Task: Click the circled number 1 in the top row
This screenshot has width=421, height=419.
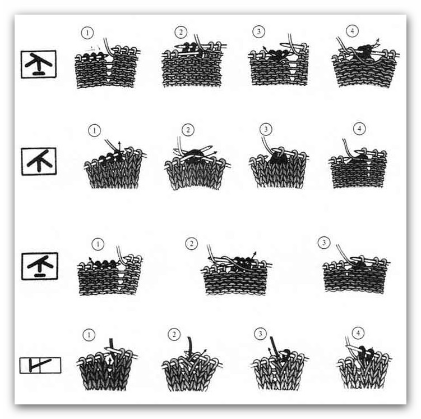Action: tap(87, 33)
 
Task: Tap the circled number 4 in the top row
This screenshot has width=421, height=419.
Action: tap(352, 31)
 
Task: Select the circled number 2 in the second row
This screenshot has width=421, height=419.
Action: tap(188, 130)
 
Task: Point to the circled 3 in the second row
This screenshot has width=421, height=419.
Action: tap(266, 129)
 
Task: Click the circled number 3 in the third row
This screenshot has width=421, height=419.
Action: tap(324, 243)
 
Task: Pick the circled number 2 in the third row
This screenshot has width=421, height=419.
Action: tap(191, 244)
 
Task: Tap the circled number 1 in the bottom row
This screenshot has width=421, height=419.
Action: tap(89, 335)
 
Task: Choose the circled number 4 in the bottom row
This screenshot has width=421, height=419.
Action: tap(358, 334)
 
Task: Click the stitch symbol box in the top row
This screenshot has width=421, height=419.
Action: tap(39, 64)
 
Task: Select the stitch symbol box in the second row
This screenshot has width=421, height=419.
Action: tap(39, 161)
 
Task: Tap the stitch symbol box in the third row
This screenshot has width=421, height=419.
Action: tap(40, 266)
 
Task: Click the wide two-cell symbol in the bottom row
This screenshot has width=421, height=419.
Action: tap(40, 365)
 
